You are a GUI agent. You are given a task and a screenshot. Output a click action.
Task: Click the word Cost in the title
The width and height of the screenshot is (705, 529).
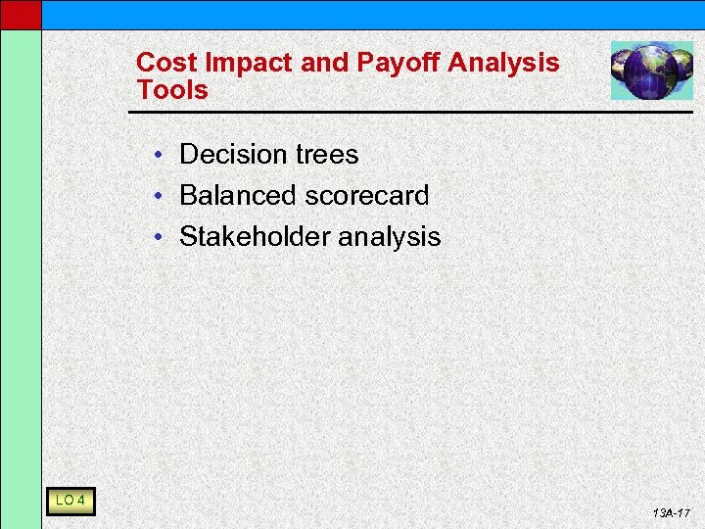tap(161, 63)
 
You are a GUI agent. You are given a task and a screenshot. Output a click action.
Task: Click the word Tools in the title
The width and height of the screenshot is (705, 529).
tap(172, 90)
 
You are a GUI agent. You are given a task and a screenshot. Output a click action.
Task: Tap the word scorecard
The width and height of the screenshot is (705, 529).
tap(367, 196)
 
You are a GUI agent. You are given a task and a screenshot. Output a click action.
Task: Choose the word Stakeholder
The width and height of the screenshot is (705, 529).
tap(255, 237)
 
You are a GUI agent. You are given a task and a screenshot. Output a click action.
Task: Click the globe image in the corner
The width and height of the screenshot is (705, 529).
tap(651, 71)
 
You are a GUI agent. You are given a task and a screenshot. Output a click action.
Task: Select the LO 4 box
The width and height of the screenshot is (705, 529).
tap(70, 503)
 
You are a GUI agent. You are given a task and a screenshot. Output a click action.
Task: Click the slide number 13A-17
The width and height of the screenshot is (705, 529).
tap(671, 513)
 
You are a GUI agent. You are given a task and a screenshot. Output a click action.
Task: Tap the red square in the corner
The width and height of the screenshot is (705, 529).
tap(21, 14)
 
